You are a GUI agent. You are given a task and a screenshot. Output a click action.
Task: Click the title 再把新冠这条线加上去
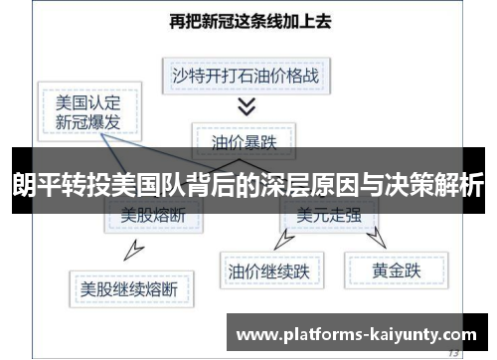pyautogui.click(x=248, y=20)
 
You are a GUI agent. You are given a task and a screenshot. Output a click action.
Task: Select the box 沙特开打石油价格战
pyautogui.click(x=247, y=74)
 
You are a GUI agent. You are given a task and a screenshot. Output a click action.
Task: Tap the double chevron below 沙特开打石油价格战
pyautogui.click(x=247, y=105)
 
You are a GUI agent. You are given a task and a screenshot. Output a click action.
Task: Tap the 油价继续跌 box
pyautogui.click(x=269, y=269)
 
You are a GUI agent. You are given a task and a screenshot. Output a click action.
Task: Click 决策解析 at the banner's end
pyautogui.click(x=443, y=184)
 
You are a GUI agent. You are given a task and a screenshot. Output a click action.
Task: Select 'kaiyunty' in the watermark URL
pyautogui.click(x=399, y=335)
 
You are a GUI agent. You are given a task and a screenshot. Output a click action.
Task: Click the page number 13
pyautogui.click(x=453, y=352)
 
